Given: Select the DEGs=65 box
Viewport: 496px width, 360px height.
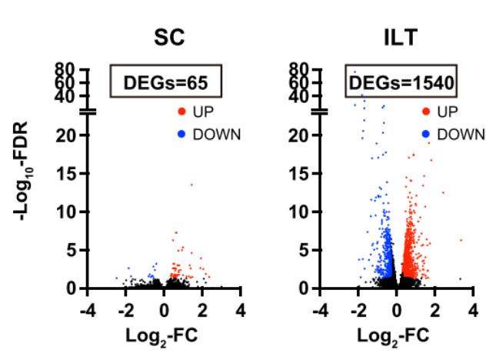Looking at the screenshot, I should pos(164,80).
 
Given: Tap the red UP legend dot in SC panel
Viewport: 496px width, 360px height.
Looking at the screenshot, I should pos(181,112).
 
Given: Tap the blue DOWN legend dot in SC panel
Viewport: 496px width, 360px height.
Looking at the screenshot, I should pos(181,134).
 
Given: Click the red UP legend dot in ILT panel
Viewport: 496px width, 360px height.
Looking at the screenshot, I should pos(425,112).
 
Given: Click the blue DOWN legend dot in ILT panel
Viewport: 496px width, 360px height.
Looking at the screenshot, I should pos(425,134).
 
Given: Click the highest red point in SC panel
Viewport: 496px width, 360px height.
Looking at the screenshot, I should pos(191,184).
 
